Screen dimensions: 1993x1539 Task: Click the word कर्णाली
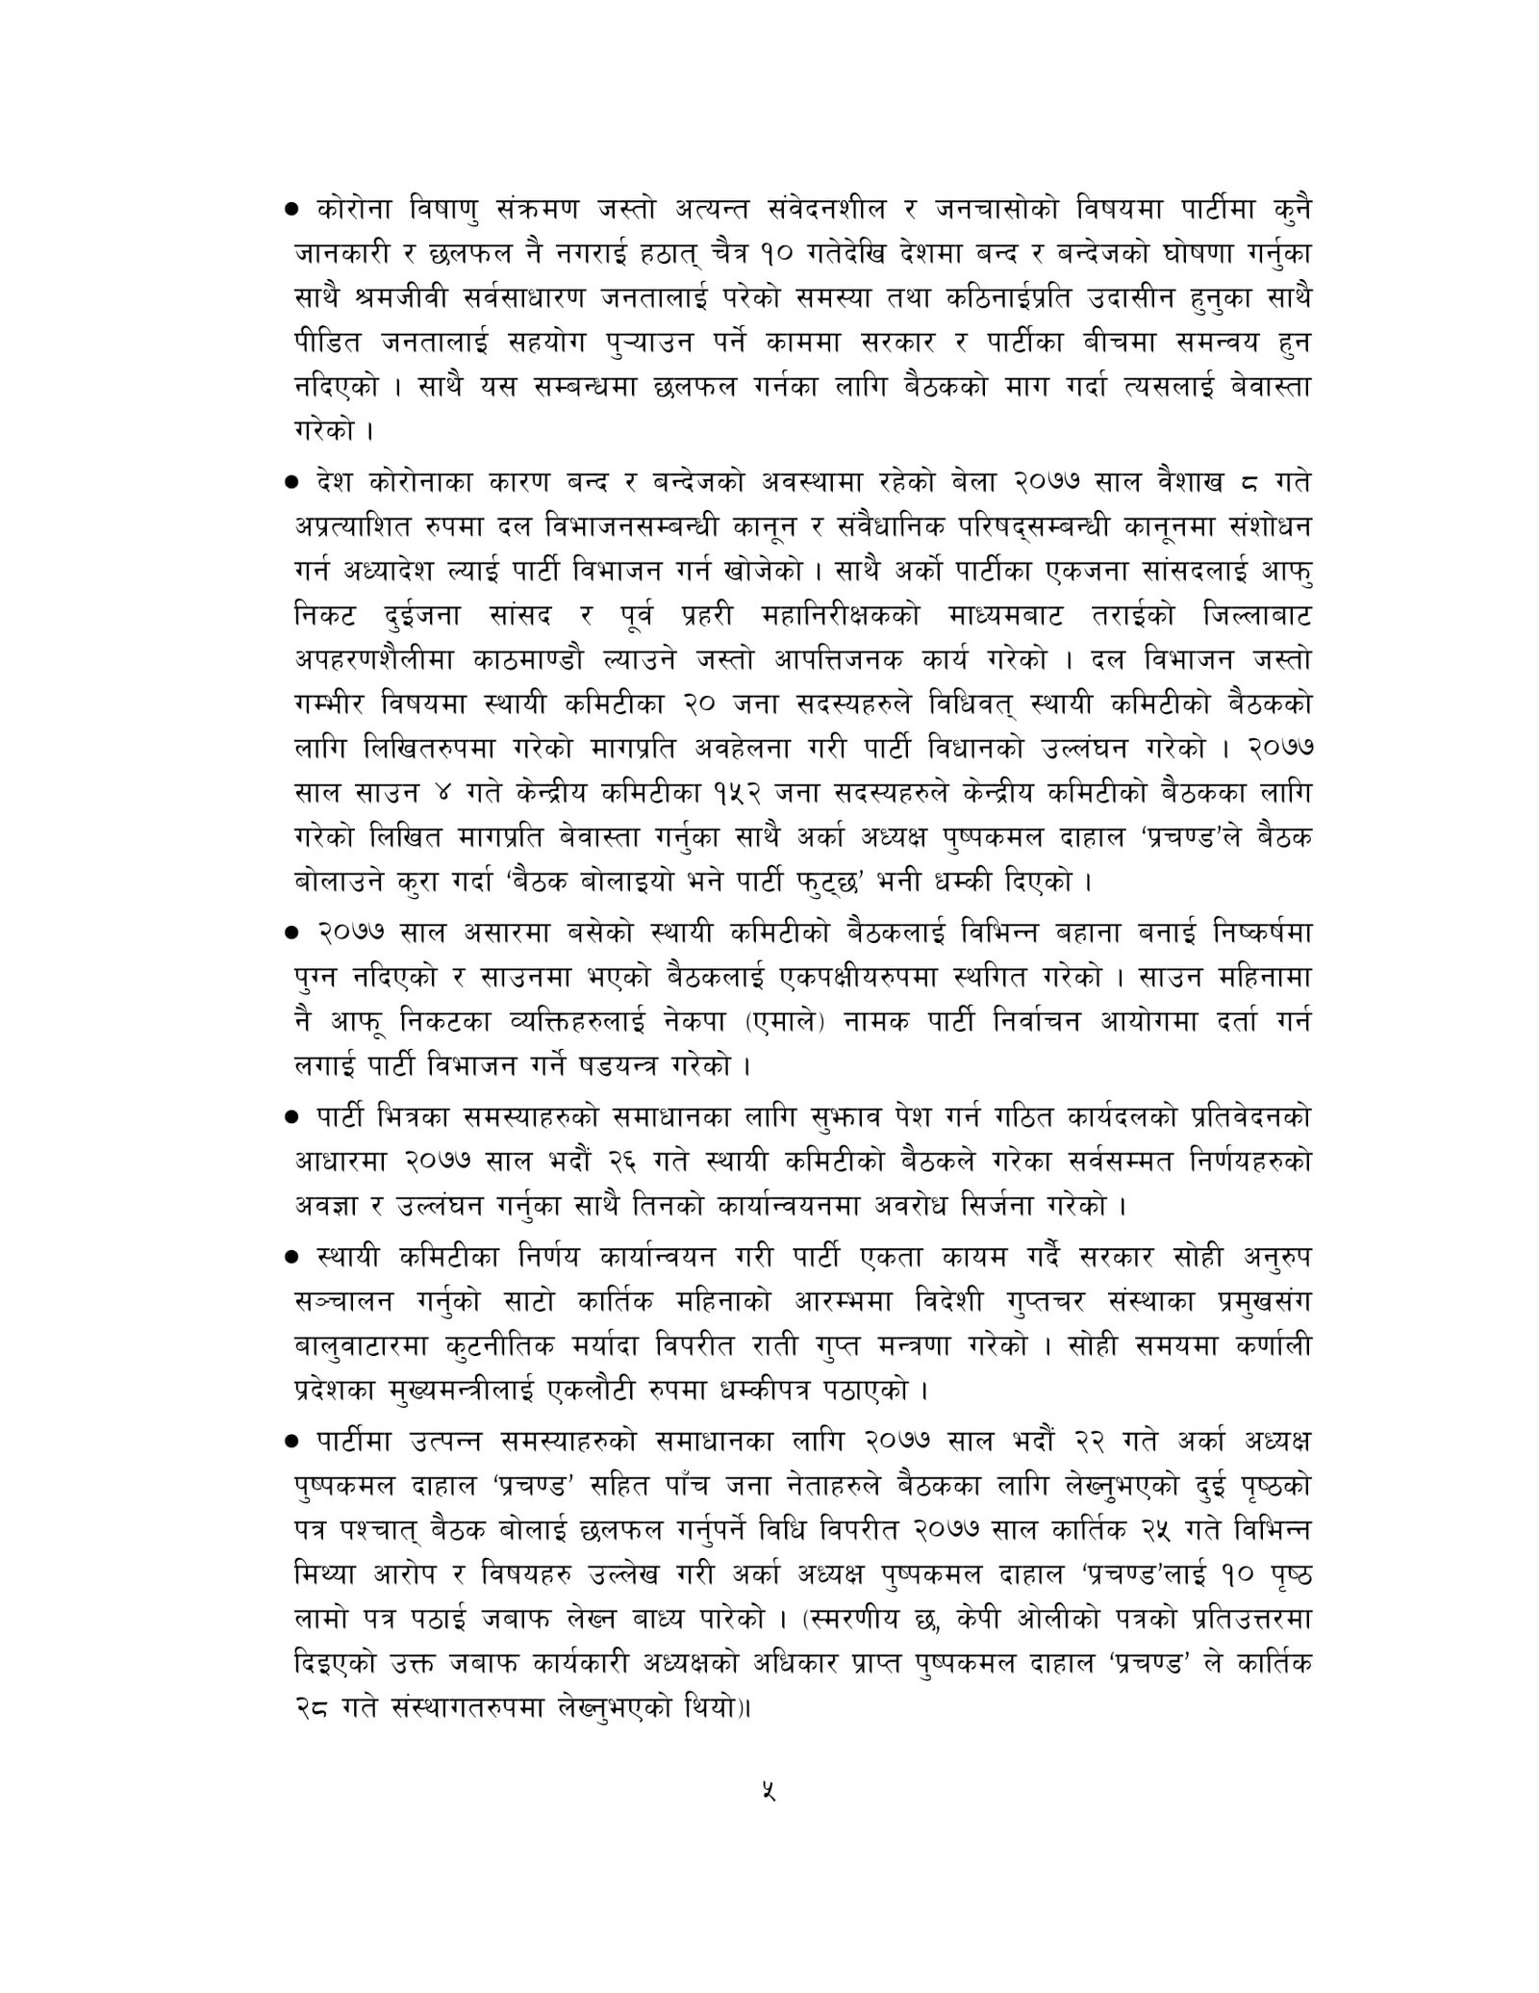point(1266,1344)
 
